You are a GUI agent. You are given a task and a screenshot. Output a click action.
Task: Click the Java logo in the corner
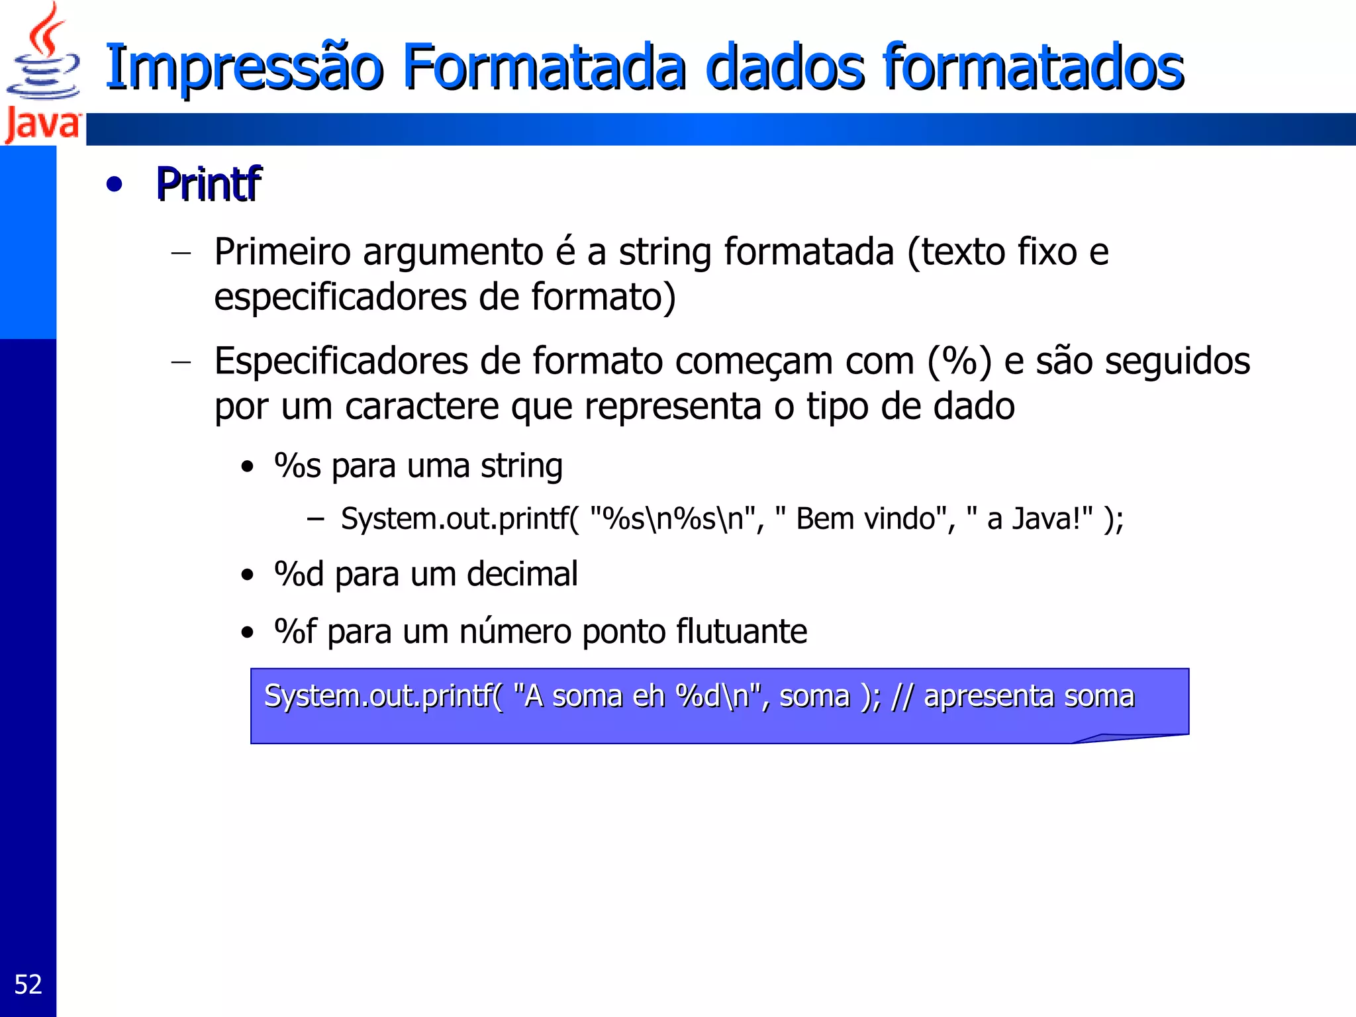click(x=42, y=73)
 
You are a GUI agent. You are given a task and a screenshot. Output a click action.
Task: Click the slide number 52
click(x=28, y=985)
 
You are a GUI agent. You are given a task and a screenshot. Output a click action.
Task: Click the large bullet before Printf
click(x=114, y=185)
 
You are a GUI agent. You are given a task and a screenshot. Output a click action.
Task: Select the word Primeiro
click(x=282, y=252)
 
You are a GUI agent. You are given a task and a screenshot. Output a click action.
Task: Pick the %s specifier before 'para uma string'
click(x=297, y=466)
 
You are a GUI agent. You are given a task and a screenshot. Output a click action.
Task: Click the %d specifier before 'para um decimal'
click(x=299, y=574)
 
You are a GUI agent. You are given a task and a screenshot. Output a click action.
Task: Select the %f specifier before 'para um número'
click(x=295, y=631)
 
